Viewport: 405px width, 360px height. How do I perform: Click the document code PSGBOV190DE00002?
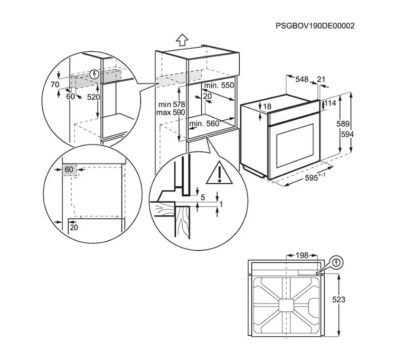click(315, 26)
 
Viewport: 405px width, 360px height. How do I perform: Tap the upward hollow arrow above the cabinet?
click(182, 40)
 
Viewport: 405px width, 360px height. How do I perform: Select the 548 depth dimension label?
click(302, 79)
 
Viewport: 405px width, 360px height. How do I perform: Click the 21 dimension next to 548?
click(321, 79)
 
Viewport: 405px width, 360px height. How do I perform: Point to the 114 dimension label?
click(331, 103)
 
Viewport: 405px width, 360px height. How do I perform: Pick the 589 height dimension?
click(343, 124)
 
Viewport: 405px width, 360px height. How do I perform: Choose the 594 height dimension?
click(347, 134)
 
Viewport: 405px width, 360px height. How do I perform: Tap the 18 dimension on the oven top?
click(267, 107)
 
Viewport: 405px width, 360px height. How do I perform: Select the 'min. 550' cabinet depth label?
click(219, 85)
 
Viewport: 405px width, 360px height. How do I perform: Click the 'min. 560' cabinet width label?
click(204, 124)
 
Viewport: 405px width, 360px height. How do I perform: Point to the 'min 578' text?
click(172, 105)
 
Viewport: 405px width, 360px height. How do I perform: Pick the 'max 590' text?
click(171, 112)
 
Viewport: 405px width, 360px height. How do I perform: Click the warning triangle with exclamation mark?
click(219, 173)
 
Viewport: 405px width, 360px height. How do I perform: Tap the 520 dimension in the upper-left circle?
click(93, 97)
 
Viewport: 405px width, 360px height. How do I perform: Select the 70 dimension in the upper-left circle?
click(55, 84)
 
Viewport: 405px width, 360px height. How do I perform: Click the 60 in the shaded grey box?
click(69, 169)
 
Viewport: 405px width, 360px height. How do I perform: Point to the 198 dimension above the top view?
click(302, 255)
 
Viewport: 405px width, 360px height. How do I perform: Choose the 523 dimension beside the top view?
click(338, 300)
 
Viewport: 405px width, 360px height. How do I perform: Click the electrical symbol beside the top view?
click(336, 263)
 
